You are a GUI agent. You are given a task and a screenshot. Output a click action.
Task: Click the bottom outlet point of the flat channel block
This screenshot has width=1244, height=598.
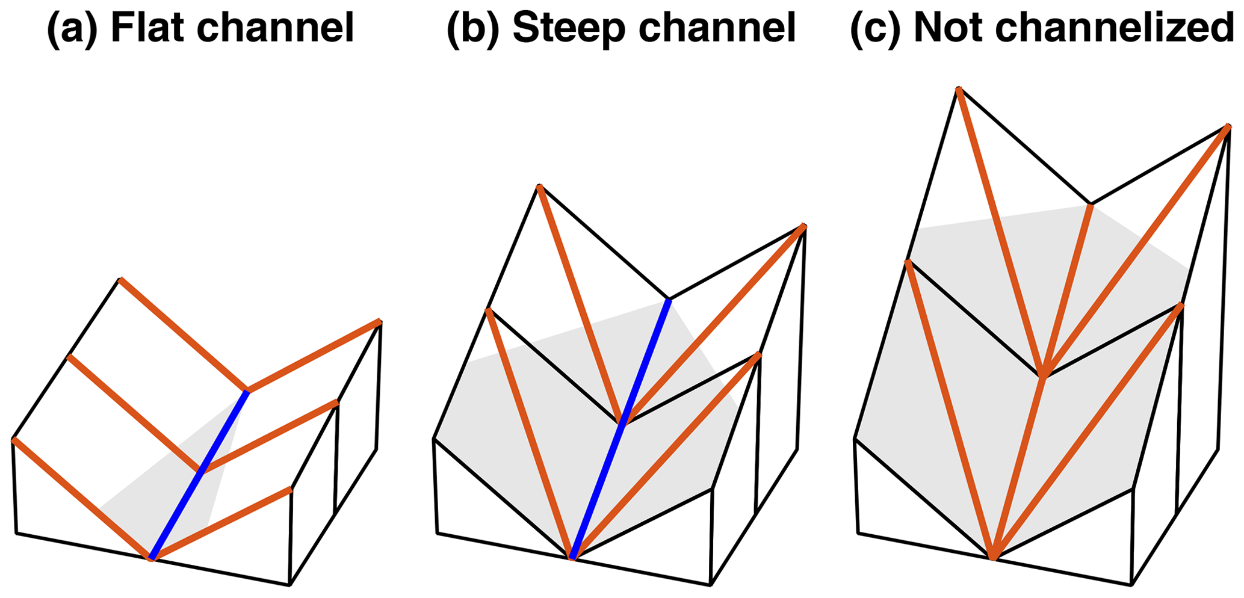151,559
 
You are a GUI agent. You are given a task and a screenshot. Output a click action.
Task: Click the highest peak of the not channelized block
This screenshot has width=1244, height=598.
958,89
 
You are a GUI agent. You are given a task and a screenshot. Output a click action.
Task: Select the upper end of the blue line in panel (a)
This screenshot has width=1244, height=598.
247,392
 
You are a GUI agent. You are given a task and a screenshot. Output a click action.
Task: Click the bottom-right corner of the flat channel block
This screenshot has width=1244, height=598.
289,584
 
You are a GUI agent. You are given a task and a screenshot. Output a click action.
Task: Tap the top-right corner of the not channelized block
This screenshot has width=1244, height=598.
1228,126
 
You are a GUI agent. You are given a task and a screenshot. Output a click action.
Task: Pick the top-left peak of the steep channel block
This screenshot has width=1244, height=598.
539,186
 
